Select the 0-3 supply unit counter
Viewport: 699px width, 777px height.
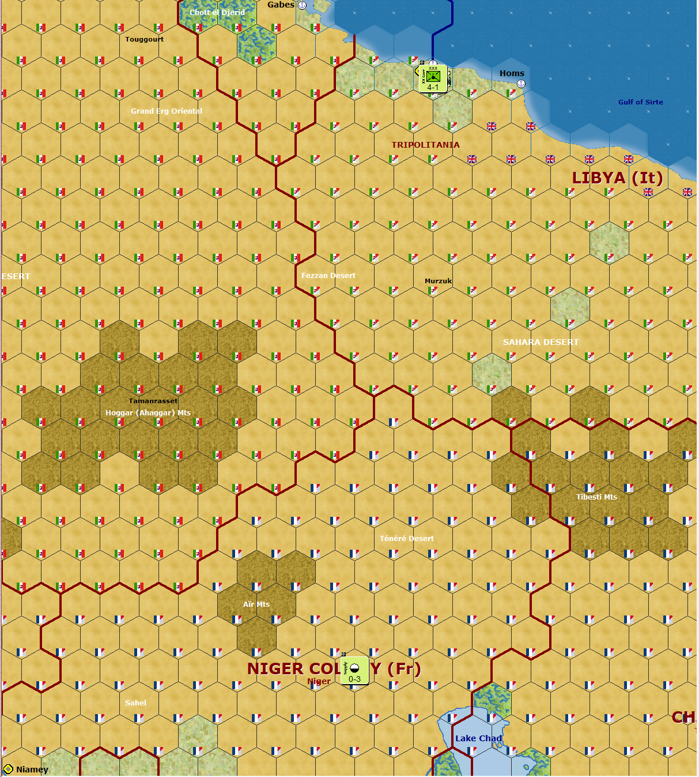coord(354,670)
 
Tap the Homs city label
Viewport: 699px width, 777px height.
coord(512,73)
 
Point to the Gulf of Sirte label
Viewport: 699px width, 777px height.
coord(640,102)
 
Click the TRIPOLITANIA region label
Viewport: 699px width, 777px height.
coord(425,145)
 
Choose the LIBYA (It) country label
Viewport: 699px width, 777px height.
coord(617,178)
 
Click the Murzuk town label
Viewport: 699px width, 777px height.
coord(438,281)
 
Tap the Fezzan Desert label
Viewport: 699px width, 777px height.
coord(328,276)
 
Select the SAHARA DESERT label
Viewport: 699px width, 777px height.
coord(541,342)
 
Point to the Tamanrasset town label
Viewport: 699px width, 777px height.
coord(153,401)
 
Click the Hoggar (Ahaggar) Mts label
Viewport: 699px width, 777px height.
coord(148,412)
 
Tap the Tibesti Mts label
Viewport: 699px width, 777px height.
coord(596,497)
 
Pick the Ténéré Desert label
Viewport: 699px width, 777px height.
coord(406,538)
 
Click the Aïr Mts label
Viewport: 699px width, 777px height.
coord(256,604)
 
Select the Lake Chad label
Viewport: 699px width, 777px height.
coord(478,738)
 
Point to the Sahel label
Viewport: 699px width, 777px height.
coord(135,703)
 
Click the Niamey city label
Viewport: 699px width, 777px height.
coord(32,770)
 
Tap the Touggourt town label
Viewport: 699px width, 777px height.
coord(145,39)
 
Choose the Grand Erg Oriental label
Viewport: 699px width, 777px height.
coord(167,111)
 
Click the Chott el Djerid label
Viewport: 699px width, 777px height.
coord(217,12)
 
